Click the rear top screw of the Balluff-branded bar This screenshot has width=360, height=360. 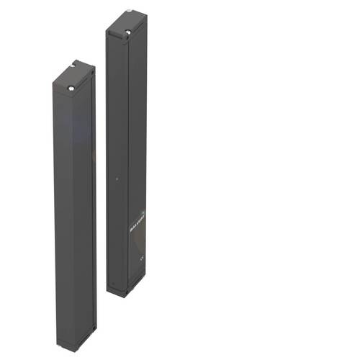tap(128, 12)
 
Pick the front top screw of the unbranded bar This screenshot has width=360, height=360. tap(72, 89)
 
